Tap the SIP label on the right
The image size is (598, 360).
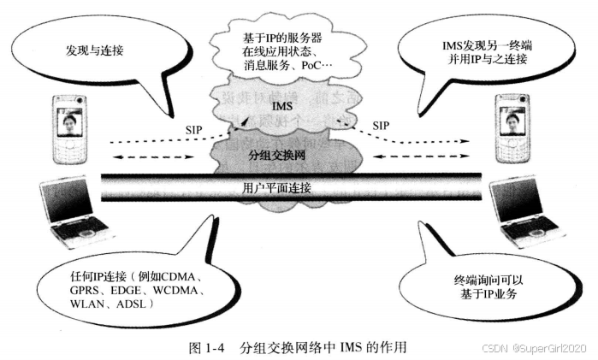[x=382, y=125]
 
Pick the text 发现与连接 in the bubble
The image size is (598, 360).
[x=95, y=50]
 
